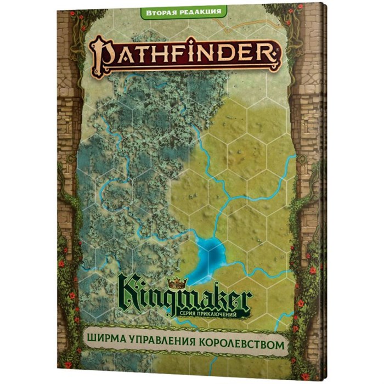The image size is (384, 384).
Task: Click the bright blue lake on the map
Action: click(210, 254)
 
